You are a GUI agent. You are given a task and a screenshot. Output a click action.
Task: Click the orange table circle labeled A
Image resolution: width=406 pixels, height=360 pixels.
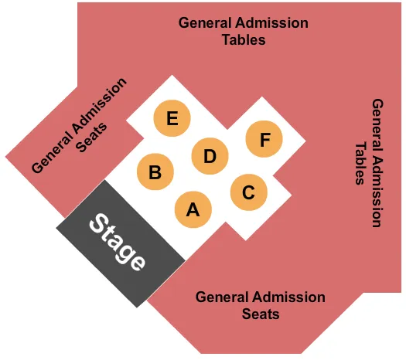pos(193,209)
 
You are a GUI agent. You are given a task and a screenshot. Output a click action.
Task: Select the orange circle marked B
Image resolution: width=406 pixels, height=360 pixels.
pos(155,172)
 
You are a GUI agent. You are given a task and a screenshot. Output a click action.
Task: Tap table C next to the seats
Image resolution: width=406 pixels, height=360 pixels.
pos(248,192)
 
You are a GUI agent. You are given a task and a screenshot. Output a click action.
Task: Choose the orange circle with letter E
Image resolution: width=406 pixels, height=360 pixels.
pos(172,119)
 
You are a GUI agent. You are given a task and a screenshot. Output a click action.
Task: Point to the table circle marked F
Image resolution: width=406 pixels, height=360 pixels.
pos(264,140)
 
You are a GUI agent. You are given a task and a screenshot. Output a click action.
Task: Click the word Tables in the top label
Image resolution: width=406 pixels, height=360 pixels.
pos(244,39)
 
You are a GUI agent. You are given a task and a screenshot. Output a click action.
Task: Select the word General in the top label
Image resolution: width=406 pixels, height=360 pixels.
pos(205,22)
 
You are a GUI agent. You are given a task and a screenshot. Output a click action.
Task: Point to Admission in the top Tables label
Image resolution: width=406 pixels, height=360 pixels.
pos(271,22)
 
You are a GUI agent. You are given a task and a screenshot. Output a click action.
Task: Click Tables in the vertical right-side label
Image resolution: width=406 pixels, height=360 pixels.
pos(360,162)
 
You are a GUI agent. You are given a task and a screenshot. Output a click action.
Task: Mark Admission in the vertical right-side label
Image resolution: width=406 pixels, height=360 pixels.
pos(377,185)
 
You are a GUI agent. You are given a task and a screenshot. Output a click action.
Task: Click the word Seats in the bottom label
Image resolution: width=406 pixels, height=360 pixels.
pos(261,314)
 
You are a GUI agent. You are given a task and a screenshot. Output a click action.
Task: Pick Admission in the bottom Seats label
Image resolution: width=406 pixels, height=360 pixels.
pos(288,297)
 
